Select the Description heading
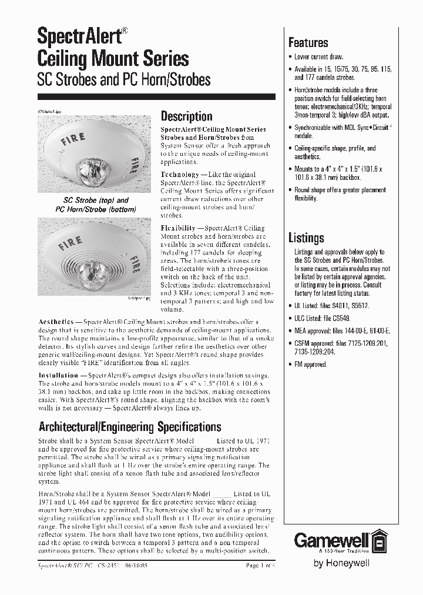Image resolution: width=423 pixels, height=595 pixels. coord(186,116)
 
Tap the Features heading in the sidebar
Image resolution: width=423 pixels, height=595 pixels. coord(308,43)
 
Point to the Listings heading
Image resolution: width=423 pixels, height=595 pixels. coord(306,238)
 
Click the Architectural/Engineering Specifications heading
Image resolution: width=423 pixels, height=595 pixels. coord(130,426)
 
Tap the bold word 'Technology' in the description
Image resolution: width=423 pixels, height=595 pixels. coord(180,175)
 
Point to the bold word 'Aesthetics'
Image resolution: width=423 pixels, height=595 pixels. coord(56,322)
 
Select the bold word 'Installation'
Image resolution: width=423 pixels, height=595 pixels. coord(58,375)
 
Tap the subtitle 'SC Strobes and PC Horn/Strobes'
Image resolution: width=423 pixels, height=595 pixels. coord(123,79)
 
